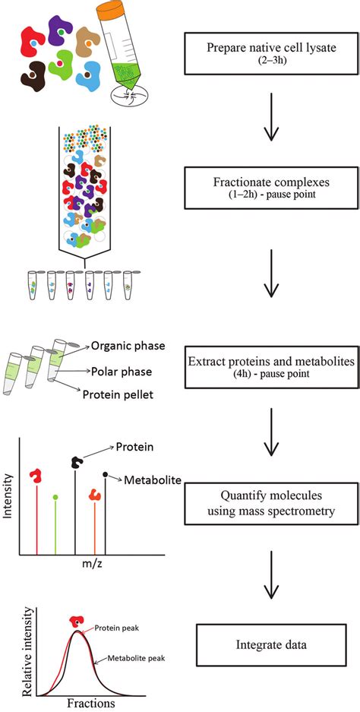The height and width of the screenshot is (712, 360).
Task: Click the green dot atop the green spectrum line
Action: [x=55, y=496]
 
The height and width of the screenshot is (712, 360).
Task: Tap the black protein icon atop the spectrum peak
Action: [x=77, y=460]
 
